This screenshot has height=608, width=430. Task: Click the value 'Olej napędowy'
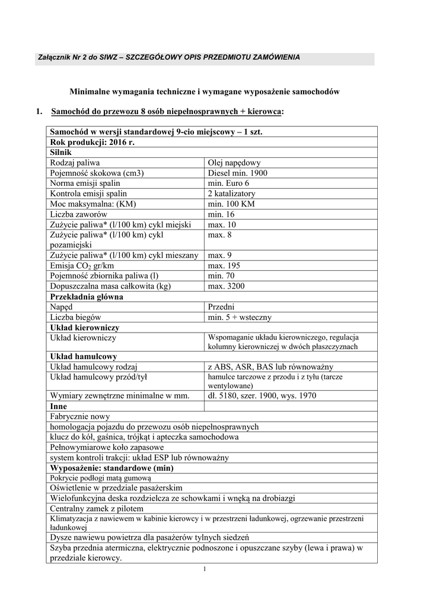point(234,163)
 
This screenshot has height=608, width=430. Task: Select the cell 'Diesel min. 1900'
point(238,173)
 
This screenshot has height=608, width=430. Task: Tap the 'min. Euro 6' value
point(228,183)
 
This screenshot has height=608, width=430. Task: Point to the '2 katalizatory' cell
point(231,194)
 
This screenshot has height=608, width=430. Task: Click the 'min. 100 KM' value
point(231,204)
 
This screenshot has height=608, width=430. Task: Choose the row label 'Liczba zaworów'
point(78,214)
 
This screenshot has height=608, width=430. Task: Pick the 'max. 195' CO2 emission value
point(224,265)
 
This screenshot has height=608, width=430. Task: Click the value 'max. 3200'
point(226,286)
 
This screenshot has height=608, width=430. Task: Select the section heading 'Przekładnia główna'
point(87,296)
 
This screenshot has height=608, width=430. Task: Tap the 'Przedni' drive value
point(221,307)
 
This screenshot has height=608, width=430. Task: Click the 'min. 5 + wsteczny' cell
point(240,317)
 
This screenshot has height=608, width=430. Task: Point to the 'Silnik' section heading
point(61,153)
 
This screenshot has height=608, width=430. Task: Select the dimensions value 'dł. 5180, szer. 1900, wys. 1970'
point(262,395)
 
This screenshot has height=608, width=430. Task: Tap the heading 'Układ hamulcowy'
point(84,357)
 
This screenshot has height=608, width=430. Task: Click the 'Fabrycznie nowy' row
point(80,416)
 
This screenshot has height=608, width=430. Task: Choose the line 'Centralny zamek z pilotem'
point(97,508)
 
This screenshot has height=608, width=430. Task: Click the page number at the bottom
point(203,570)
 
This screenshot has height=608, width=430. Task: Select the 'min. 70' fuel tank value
point(221,276)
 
